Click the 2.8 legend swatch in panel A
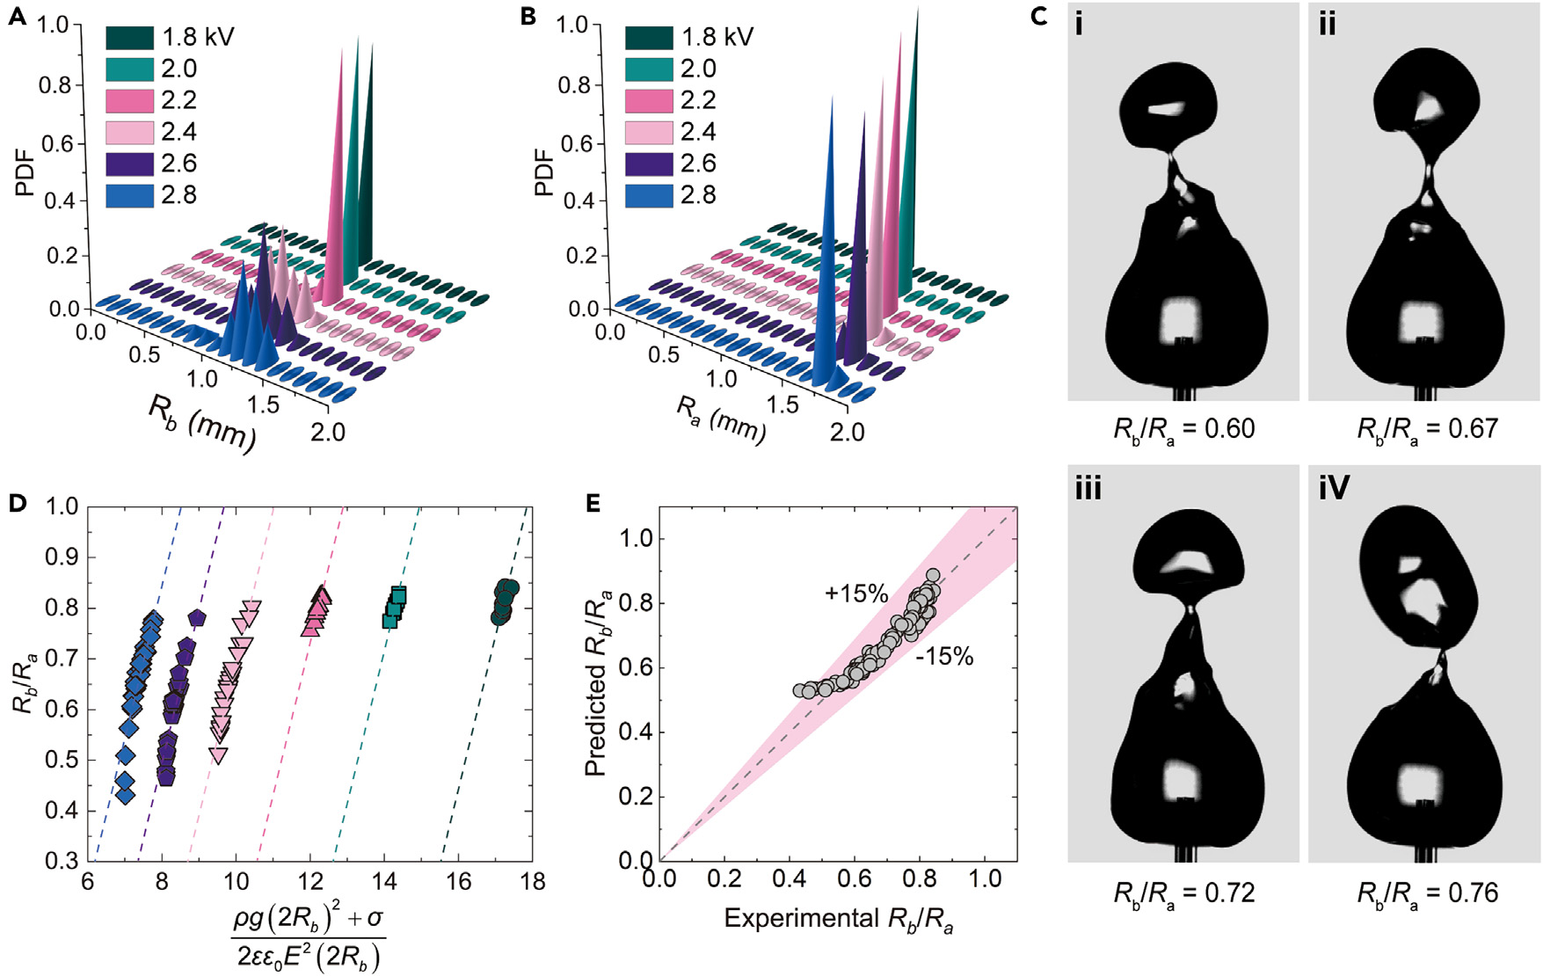point(130,195)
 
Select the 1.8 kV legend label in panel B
point(717,37)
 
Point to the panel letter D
point(17,503)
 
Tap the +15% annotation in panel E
point(855,594)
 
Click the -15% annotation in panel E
point(944,657)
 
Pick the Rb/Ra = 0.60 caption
point(1183,430)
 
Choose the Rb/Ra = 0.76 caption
point(1427,894)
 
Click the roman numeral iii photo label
point(1088,488)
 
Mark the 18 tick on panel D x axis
point(532,881)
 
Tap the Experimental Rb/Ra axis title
point(839,920)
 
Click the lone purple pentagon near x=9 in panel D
point(197,618)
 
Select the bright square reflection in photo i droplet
point(1183,321)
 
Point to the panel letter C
point(1039,17)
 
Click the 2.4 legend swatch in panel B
point(649,132)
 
